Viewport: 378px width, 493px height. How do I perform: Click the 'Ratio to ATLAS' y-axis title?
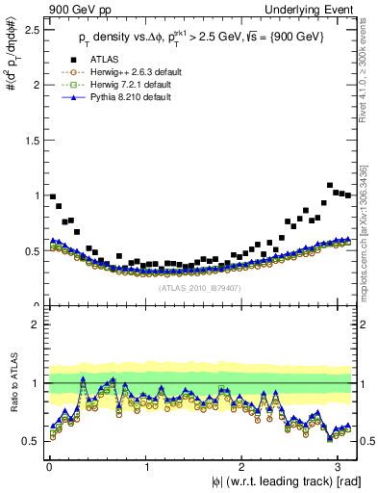[x=11, y=382]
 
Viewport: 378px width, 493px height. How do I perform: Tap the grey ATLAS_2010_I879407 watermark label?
[x=201, y=286]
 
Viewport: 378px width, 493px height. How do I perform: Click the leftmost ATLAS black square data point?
[x=53, y=196]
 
